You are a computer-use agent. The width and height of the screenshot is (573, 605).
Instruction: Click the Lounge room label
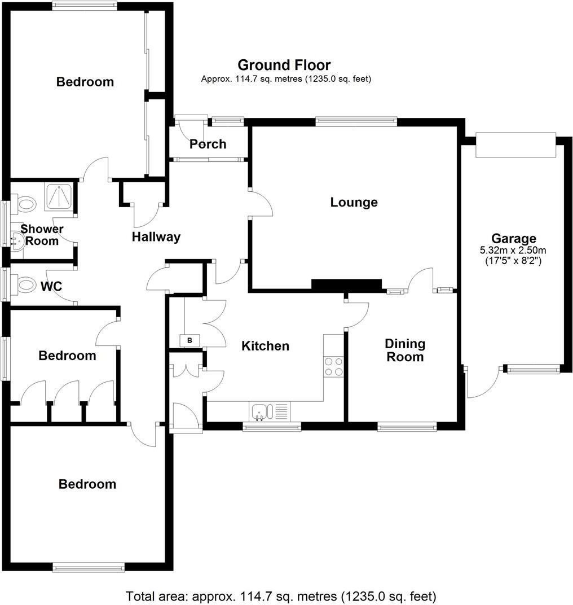[x=354, y=202]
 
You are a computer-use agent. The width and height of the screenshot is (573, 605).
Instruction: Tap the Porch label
[x=208, y=144]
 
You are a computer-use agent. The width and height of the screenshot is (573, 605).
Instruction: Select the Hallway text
[x=156, y=237]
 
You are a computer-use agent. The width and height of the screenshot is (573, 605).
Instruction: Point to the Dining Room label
[x=404, y=350]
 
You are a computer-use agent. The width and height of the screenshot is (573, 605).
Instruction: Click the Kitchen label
[x=265, y=346]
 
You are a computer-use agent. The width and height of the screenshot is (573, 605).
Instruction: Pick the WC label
[x=51, y=286]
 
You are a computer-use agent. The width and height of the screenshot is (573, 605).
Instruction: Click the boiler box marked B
[x=189, y=340]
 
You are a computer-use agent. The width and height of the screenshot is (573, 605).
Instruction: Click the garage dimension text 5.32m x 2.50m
[x=513, y=250]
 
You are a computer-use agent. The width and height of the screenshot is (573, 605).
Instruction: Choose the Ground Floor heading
[x=284, y=65]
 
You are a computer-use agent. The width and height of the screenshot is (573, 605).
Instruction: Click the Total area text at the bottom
[x=281, y=596]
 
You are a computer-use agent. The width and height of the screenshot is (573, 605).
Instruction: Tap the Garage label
[x=513, y=239]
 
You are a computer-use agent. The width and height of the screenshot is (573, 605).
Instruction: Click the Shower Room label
[x=42, y=235]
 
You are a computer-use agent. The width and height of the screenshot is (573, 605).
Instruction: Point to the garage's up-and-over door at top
[x=515, y=145]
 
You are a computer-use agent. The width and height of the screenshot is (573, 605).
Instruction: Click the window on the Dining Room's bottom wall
[x=407, y=427]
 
